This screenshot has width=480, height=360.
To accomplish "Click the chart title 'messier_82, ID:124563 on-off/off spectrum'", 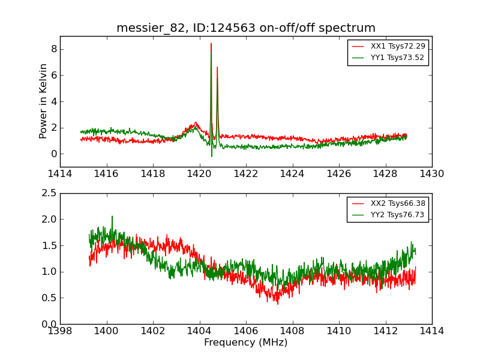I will (246, 28).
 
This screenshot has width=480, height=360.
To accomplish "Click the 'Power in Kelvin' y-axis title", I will (43, 101).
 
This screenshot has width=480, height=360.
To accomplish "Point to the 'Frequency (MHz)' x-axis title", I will (246, 343).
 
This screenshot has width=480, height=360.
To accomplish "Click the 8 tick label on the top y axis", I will (53, 49).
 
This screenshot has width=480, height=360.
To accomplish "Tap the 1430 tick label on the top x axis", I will (431, 174).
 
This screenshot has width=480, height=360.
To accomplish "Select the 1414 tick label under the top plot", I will (60, 174).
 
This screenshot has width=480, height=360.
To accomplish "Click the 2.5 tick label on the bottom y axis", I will (49, 193).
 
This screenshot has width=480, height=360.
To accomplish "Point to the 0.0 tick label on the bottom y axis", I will (49, 324).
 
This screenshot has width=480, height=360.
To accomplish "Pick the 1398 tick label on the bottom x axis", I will (60, 331).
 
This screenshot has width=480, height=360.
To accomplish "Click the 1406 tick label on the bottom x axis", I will (246, 331).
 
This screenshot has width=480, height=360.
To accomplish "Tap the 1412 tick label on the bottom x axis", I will (385, 331).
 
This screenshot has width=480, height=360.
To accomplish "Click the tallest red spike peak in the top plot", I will (211, 44).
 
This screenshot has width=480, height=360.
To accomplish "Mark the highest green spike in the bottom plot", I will (112, 217).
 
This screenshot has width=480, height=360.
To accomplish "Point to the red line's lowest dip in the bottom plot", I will (277, 304).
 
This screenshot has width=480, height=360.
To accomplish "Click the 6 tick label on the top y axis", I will (53, 75).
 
